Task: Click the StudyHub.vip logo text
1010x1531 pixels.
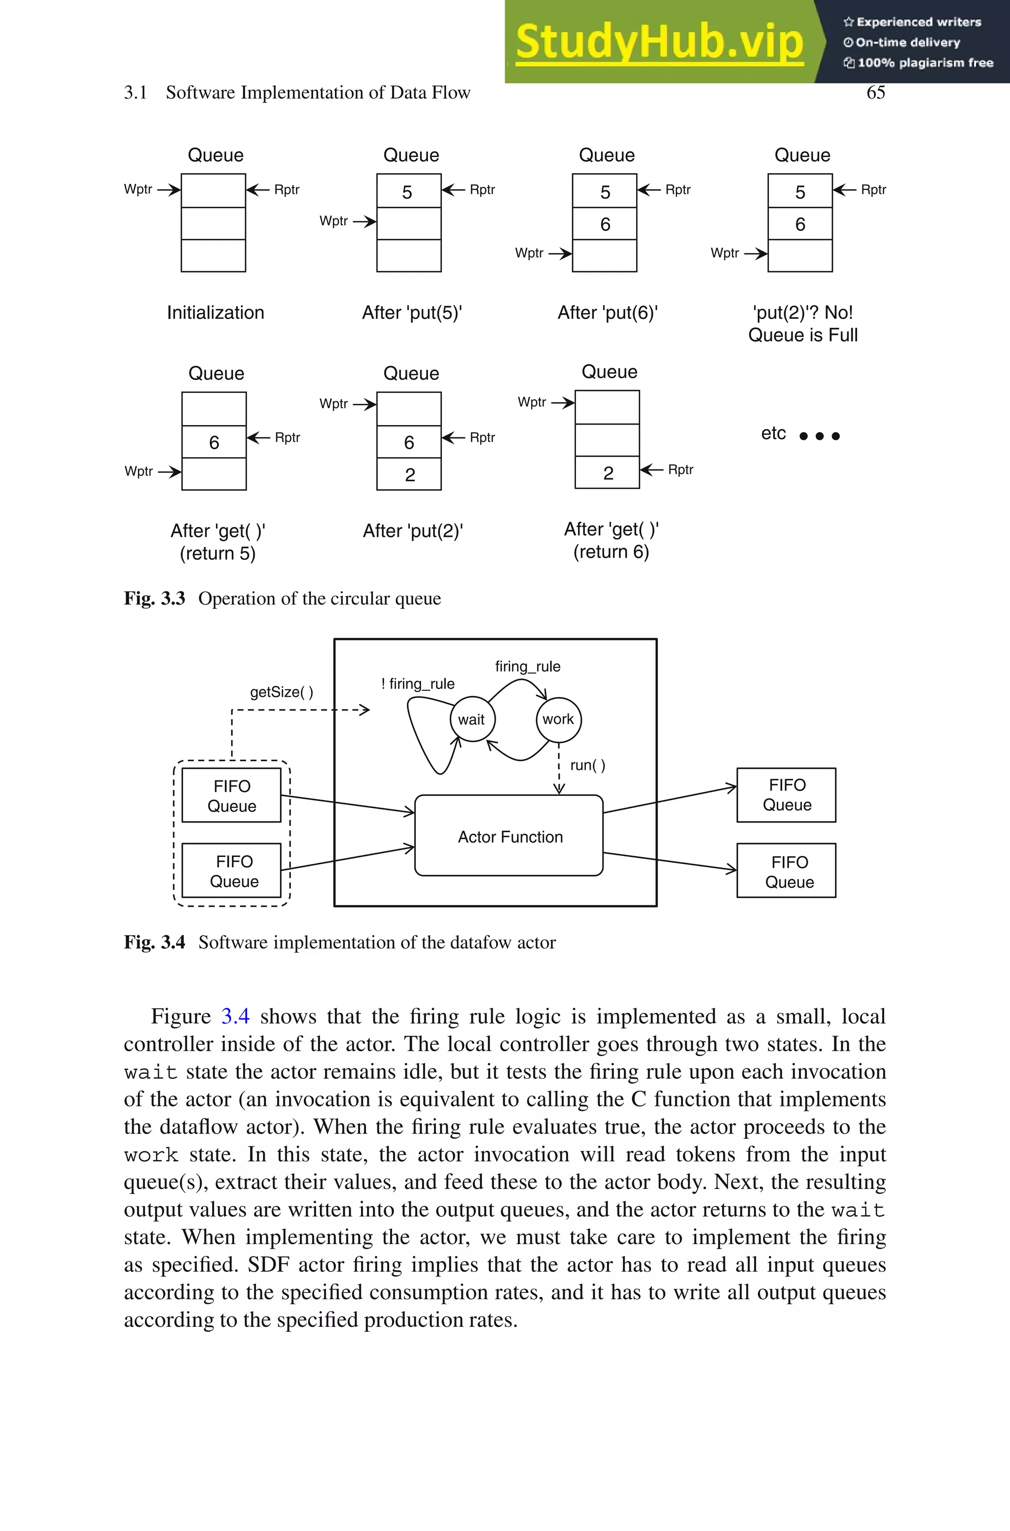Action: (659, 42)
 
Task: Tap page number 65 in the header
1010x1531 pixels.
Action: (875, 93)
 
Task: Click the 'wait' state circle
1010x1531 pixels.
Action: (472, 720)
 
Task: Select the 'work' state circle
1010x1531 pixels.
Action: (558, 719)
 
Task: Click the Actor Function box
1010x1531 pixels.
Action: (509, 836)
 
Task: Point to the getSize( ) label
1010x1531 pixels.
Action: (282, 692)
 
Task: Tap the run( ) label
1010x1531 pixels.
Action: (587, 765)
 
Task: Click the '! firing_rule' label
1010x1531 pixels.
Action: (418, 684)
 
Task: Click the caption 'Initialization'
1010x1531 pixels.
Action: (215, 313)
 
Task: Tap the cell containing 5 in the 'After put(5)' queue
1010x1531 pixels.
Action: (408, 191)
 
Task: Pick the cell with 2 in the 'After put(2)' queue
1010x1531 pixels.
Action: (409, 474)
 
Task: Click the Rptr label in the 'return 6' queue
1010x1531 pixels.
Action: (680, 469)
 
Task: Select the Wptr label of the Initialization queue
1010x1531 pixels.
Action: (138, 189)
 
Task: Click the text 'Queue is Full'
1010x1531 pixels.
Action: (802, 335)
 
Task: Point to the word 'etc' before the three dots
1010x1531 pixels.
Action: (773, 433)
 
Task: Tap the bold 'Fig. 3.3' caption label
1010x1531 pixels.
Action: (154, 598)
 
